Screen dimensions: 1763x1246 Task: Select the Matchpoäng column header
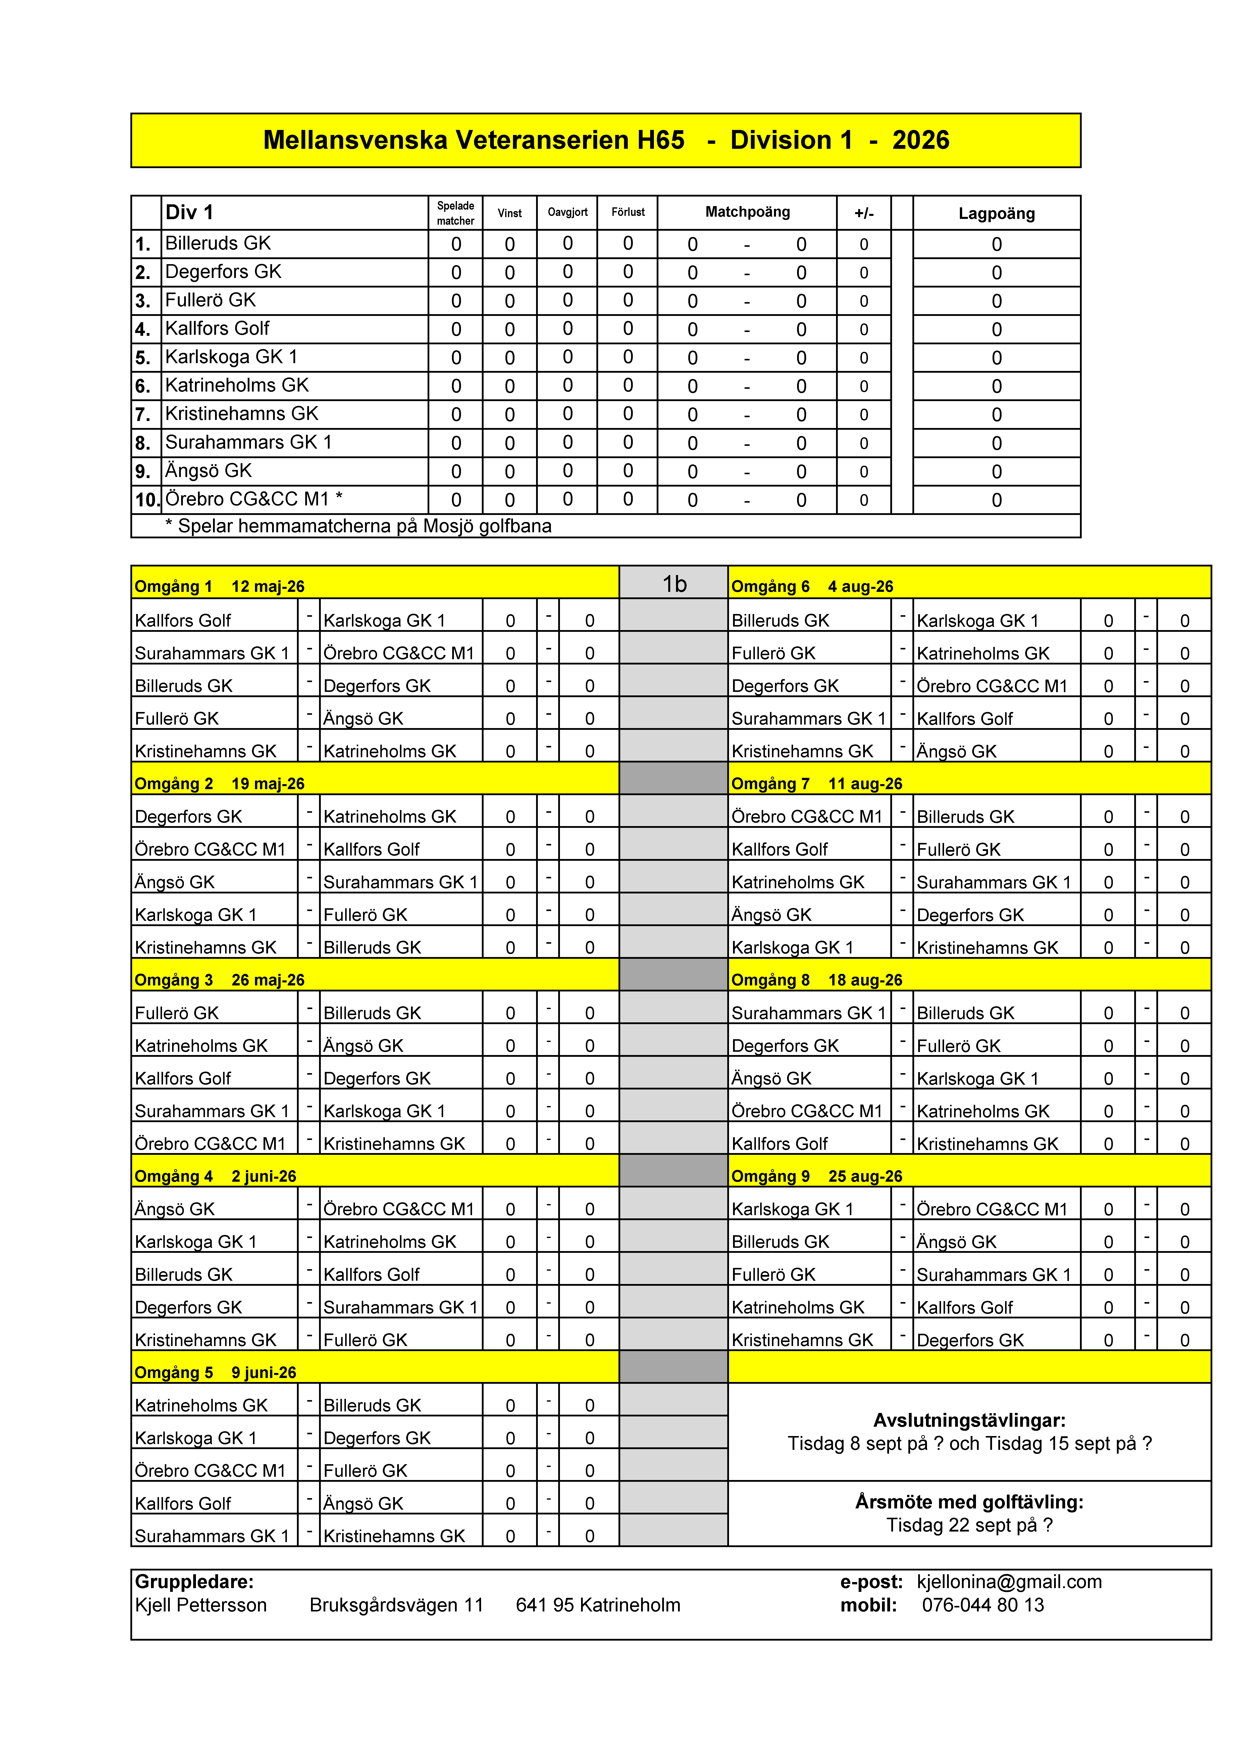coord(747,212)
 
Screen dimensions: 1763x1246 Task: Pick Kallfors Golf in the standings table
coord(217,329)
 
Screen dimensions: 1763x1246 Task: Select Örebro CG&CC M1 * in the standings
coord(253,499)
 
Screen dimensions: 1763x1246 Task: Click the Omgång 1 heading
coord(173,587)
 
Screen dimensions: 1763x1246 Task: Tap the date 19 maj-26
coord(268,784)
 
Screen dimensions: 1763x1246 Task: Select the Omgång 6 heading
coord(770,587)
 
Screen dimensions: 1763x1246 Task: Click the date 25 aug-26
coord(865,1176)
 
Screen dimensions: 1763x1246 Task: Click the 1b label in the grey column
coord(674,584)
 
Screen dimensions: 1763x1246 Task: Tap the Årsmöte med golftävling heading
coord(969,1502)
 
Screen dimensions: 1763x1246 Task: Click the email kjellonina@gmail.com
coord(1009,1582)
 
